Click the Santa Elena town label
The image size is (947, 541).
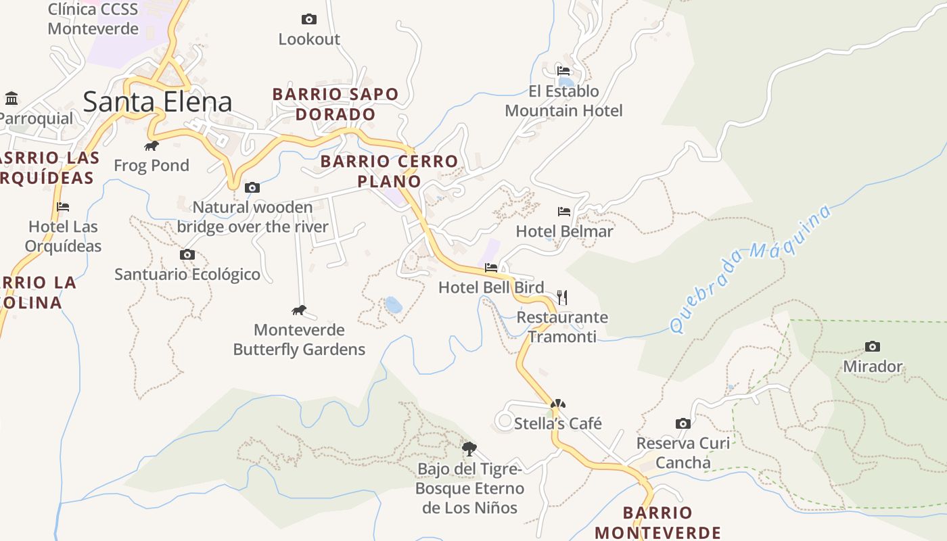click(158, 101)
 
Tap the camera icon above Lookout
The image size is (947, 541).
click(308, 19)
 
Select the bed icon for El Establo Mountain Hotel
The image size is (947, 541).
click(563, 71)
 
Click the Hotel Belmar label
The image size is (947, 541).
click(564, 231)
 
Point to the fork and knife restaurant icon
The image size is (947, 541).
click(562, 297)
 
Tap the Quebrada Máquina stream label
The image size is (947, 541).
click(750, 268)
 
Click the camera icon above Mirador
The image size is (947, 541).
click(873, 347)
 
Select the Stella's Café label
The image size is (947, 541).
click(558, 423)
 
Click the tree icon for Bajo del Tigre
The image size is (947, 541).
click(469, 448)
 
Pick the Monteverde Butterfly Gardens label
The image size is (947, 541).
click(299, 339)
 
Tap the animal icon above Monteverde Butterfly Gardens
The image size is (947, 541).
click(298, 310)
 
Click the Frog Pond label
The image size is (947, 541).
click(152, 165)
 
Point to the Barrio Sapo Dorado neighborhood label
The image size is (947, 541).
click(336, 104)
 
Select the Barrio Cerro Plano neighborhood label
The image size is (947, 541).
click(389, 171)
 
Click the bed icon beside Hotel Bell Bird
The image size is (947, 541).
click(491, 268)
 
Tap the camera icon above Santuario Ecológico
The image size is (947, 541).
click(187, 255)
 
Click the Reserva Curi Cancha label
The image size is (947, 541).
click(683, 453)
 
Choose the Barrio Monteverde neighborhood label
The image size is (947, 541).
click(657, 522)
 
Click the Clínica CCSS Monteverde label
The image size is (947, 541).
click(93, 19)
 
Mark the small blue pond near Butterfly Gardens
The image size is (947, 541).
click(393, 305)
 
